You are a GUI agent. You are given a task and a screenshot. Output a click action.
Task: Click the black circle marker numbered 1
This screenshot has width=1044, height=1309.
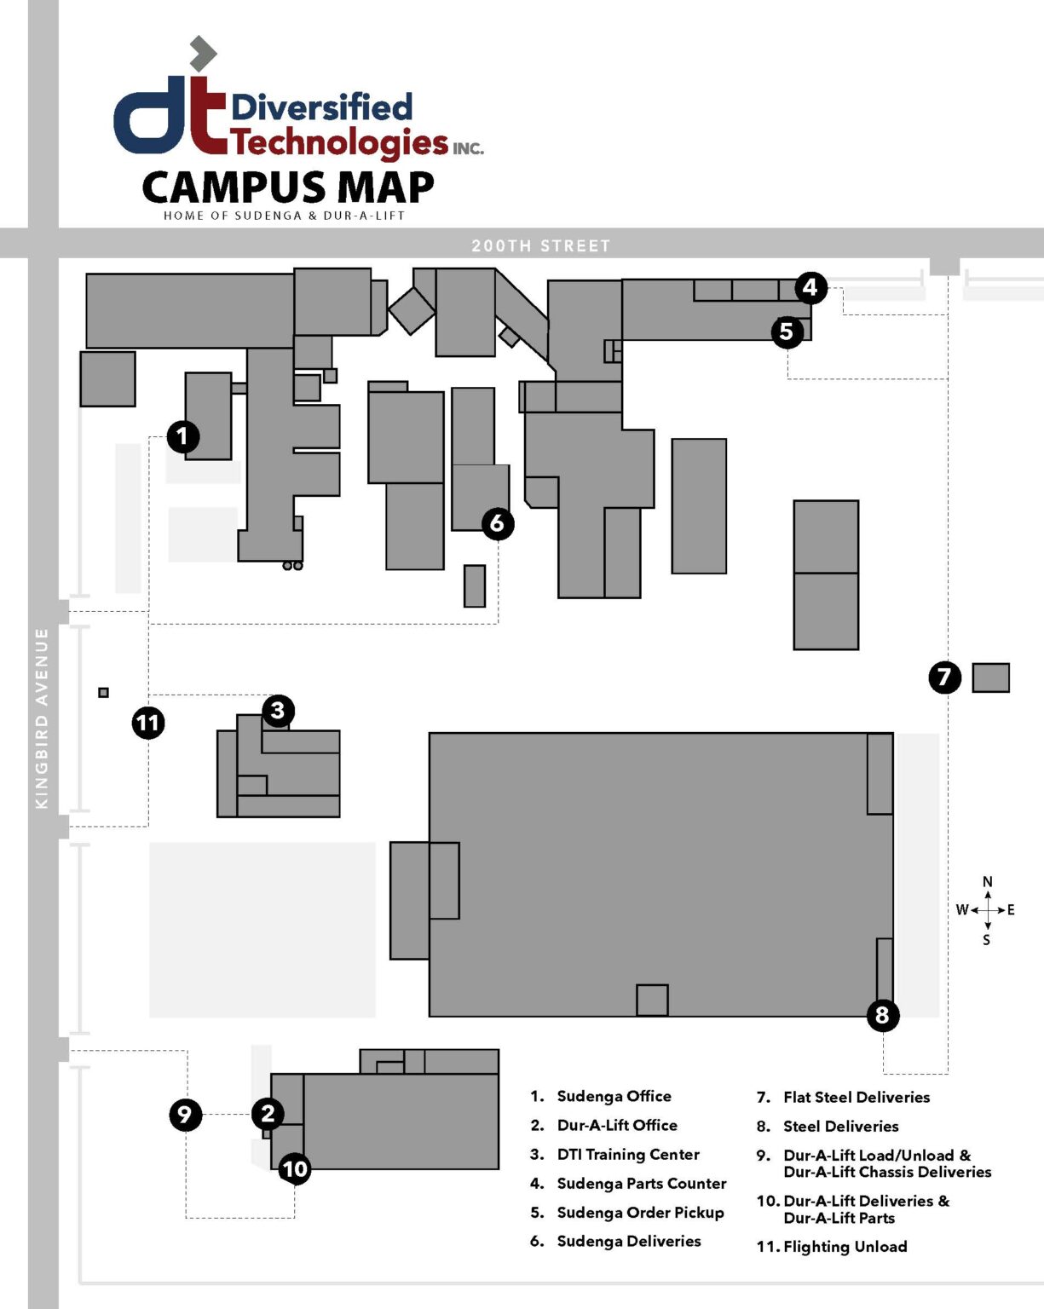[182, 437]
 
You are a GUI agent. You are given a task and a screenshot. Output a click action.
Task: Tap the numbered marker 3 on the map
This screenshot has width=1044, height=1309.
[278, 711]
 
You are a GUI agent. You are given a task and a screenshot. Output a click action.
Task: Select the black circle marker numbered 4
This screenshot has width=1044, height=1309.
[810, 288]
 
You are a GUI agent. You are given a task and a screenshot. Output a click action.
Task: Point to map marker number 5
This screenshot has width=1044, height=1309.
[787, 332]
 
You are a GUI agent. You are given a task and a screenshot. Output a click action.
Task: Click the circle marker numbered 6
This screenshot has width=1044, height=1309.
[498, 523]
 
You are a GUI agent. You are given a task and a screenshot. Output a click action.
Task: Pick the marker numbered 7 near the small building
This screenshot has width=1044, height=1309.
[944, 678]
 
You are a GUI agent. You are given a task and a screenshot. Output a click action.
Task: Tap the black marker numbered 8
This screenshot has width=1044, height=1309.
[882, 1015]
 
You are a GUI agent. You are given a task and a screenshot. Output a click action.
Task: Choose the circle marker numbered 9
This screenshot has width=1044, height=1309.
[185, 1115]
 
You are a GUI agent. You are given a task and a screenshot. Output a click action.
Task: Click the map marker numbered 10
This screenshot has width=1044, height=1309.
[295, 1169]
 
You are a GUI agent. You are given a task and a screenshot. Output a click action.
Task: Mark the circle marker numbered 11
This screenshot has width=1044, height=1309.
[148, 724]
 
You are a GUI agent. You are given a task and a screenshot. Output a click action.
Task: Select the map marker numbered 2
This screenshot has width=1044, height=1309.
[268, 1113]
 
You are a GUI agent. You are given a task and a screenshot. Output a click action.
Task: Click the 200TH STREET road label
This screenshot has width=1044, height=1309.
[541, 245]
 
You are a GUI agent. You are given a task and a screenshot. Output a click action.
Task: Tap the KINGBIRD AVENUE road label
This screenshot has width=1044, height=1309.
[42, 718]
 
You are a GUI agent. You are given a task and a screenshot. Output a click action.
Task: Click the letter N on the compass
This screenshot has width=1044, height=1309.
[987, 882]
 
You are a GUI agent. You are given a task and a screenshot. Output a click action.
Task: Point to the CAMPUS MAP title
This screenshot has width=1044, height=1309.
[288, 187]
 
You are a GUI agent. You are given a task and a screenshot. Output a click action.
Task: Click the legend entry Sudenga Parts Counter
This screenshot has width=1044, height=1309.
[641, 1183]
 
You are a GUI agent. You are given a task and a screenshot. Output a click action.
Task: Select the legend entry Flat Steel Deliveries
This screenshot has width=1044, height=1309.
[856, 1097]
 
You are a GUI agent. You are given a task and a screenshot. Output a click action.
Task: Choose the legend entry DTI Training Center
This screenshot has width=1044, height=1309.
[627, 1154]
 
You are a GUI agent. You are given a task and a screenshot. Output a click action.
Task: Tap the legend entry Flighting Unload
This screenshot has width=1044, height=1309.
[844, 1246]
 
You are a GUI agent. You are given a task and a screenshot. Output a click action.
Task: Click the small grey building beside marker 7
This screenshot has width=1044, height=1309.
[990, 678]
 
